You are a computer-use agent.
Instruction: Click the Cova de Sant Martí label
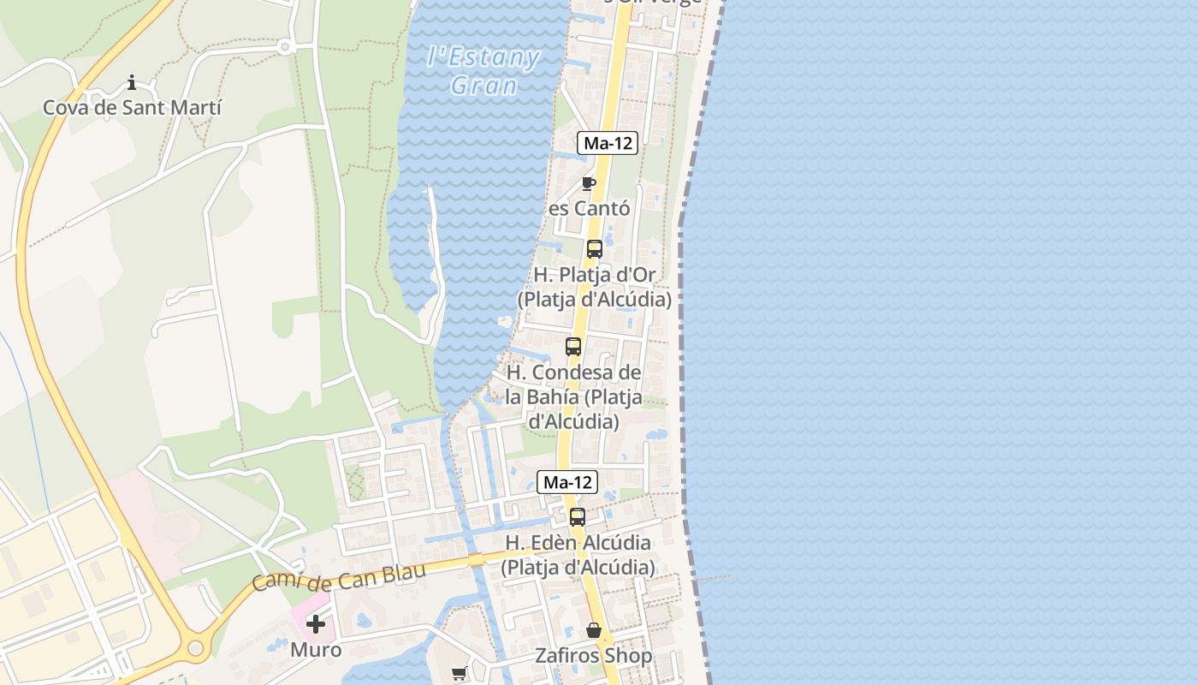pyautogui.click(x=132, y=108)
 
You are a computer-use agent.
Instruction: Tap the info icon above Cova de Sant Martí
pyautogui.click(x=132, y=82)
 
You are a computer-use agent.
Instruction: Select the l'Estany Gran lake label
pyautogui.click(x=484, y=71)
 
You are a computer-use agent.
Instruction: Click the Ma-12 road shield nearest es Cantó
pyautogui.click(x=608, y=143)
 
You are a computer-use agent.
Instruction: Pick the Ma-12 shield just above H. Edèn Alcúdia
pyautogui.click(x=566, y=482)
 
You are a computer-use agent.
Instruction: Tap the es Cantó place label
pyautogui.click(x=590, y=208)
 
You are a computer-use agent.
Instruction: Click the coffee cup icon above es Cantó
pyautogui.click(x=588, y=182)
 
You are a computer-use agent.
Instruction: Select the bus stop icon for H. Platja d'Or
pyautogui.click(x=594, y=249)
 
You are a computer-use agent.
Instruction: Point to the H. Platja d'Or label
pyautogui.click(x=595, y=287)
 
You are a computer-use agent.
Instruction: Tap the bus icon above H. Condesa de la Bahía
pyautogui.click(x=573, y=347)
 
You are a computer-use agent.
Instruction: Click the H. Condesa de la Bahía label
pyautogui.click(x=573, y=397)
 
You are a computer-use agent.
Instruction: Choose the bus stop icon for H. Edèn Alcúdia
pyautogui.click(x=578, y=516)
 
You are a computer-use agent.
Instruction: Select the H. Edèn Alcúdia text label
pyautogui.click(x=578, y=555)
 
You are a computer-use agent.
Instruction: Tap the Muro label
pyautogui.click(x=316, y=650)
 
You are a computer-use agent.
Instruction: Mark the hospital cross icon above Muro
pyautogui.click(x=316, y=624)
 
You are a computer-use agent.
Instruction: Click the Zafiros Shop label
pyautogui.click(x=594, y=656)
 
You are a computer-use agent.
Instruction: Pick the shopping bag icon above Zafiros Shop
pyautogui.click(x=594, y=631)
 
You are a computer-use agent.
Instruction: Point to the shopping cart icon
pyautogui.click(x=459, y=673)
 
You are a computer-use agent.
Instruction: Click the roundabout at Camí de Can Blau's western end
pyautogui.click(x=196, y=648)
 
